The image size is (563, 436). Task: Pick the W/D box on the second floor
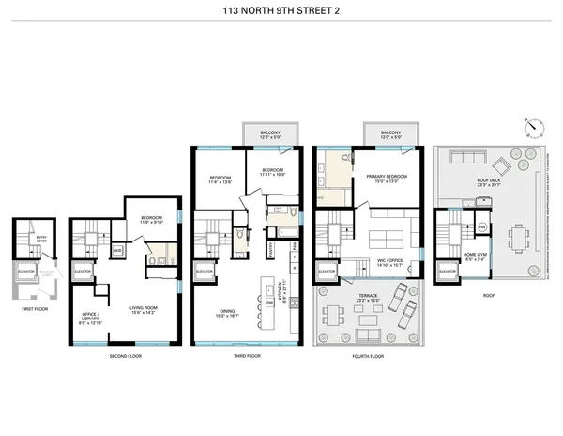point(117,251)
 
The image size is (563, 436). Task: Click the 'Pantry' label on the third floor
point(271,251)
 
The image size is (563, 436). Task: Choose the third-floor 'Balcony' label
point(271,133)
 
